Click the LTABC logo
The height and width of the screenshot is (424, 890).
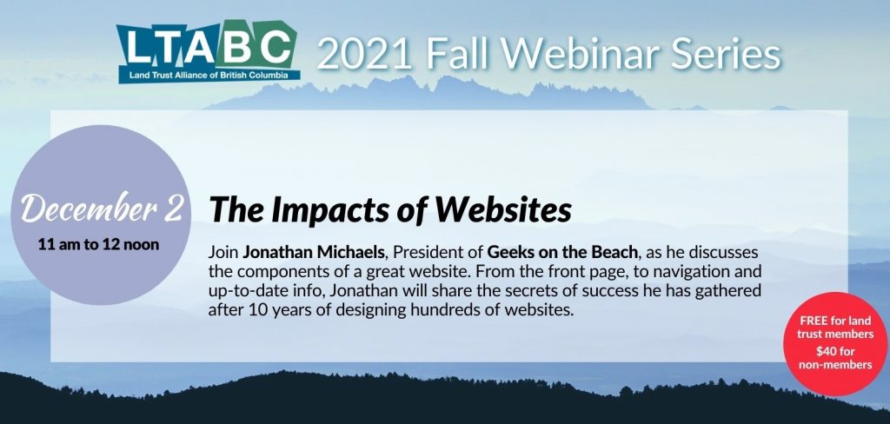208,51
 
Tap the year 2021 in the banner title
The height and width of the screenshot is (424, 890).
364,55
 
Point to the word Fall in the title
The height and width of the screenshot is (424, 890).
457,54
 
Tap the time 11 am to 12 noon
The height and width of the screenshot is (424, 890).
98,245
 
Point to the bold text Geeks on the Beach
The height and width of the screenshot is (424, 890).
562,253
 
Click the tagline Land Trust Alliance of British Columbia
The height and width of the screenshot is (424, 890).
207,76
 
